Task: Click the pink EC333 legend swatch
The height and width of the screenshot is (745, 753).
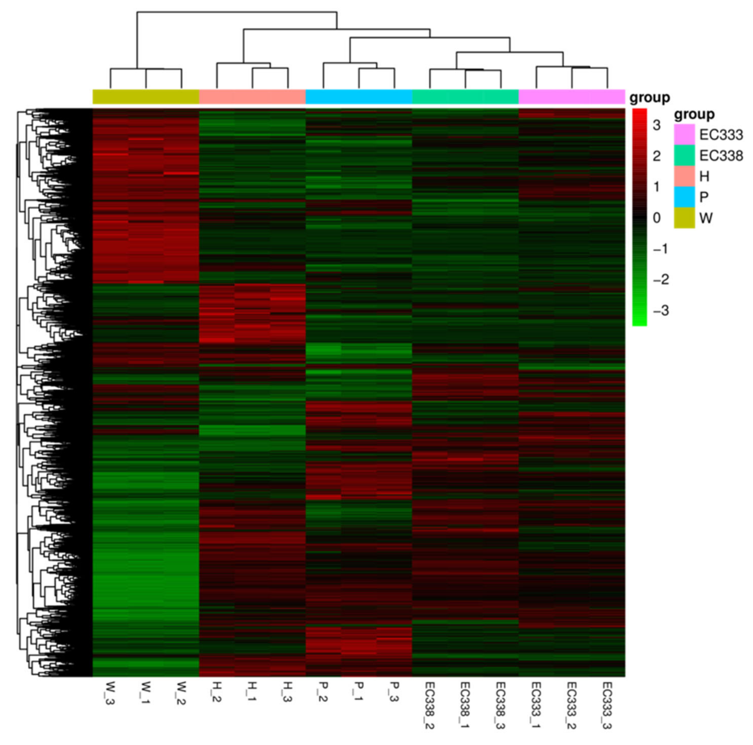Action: pyautogui.click(x=684, y=134)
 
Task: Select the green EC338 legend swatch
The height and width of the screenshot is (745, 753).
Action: pyautogui.click(x=684, y=155)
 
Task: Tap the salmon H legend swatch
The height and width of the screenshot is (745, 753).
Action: pyautogui.click(x=684, y=176)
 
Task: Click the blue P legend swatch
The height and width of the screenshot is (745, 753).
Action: pyautogui.click(x=684, y=197)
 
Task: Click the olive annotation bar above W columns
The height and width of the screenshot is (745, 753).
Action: pyautogui.click(x=146, y=97)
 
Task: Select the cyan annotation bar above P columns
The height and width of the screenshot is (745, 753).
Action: pyautogui.click(x=358, y=97)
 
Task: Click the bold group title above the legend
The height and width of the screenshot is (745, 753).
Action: pyautogui.click(x=694, y=114)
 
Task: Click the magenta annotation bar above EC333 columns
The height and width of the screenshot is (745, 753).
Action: pyautogui.click(x=571, y=97)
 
